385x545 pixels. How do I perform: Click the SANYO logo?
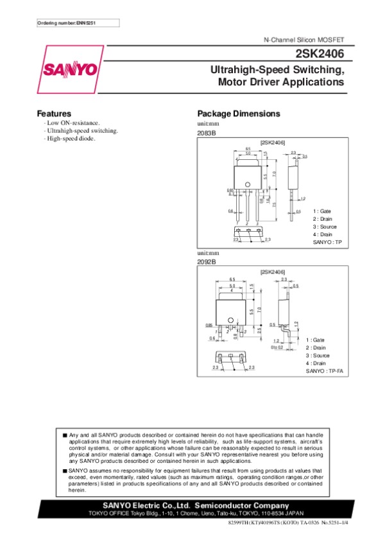click(70, 69)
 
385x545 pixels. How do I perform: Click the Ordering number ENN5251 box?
click(78, 23)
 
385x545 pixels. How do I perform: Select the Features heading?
click(53, 114)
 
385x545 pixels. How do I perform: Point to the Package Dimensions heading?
click(239, 114)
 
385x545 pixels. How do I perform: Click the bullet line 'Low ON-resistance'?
click(72, 122)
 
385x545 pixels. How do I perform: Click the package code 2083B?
click(207, 132)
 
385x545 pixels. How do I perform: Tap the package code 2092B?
click(207, 262)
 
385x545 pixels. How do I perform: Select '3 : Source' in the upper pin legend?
click(325, 227)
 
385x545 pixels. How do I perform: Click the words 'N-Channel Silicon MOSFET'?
click(304, 40)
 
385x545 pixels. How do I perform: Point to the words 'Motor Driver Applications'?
click(281, 82)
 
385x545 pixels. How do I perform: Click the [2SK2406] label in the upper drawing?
click(272, 141)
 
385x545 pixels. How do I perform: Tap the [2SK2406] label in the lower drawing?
click(272, 272)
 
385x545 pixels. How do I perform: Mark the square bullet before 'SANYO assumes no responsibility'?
click(65, 471)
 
